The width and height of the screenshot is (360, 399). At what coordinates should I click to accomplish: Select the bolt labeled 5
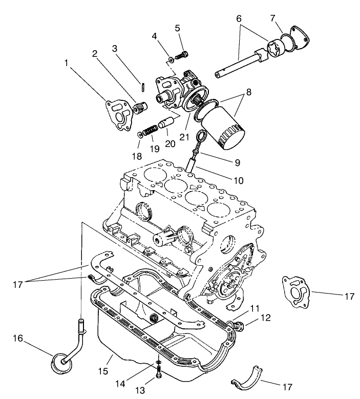tap(182, 53)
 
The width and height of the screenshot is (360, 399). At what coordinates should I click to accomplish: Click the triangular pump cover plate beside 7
tap(301, 36)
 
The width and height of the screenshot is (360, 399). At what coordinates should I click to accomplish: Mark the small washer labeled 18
tap(140, 136)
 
